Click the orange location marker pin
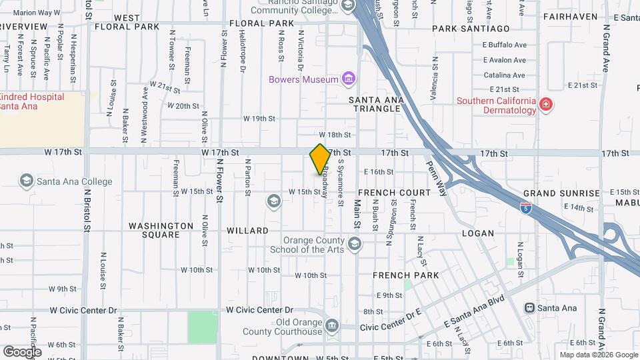click(320, 159)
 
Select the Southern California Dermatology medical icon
click(545, 104)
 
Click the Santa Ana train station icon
click(530, 307)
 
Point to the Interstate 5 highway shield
click(527, 207)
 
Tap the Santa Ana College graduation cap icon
click(27, 181)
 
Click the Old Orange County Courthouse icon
click(332, 325)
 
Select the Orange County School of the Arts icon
click(354, 243)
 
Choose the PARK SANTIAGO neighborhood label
click(471, 29)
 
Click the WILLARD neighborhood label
click(247, 231)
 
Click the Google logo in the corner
click(22, 351)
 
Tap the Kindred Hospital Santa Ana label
click(32, 102)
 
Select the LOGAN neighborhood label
click(478, 233)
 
